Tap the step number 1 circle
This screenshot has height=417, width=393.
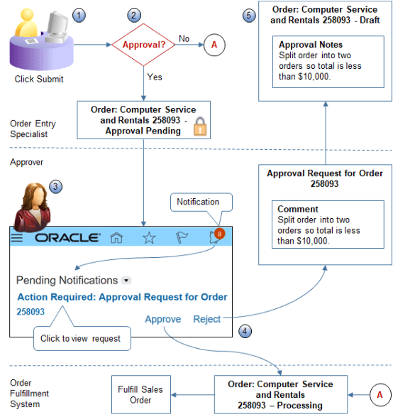[x=79, y=14]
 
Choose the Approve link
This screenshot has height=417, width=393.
[x=162, y=319]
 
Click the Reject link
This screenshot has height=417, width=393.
[x=206, y=319]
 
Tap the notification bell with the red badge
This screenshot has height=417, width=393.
[x=216, y=237]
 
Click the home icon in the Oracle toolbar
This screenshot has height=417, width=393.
[x=116, y=238]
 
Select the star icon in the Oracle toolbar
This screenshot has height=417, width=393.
[x=149, y=238]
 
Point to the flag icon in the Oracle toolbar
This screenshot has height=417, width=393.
[x=182, y=238]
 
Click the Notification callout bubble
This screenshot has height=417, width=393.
[x=198, y=202]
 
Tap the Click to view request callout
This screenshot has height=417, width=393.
[x=80, y=338]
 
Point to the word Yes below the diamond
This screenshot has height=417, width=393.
[x=155, y=75]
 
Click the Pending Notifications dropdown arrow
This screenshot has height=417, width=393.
[x=127, y=280]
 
